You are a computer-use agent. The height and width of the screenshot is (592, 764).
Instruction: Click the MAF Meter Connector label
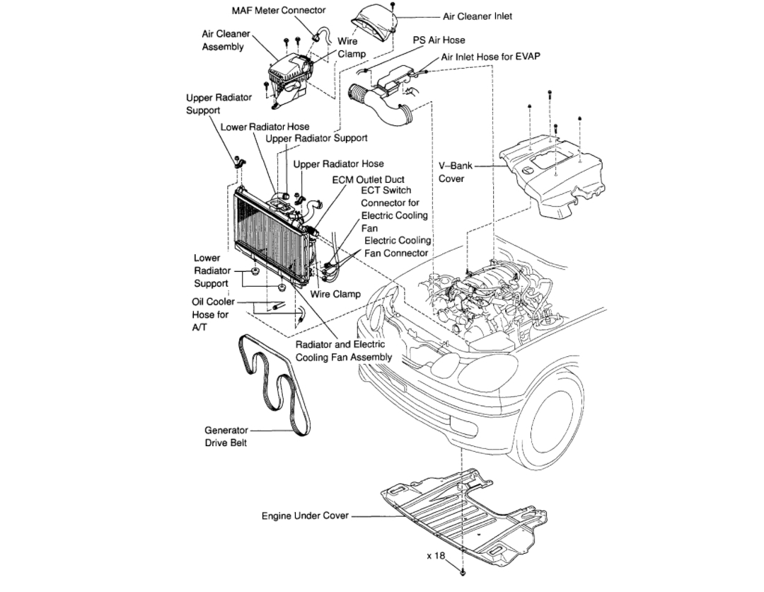click(x=279, y=11)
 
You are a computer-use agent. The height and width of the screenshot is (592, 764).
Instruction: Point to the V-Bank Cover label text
click(x=451, y=172)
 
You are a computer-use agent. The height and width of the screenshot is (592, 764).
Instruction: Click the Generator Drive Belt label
click(x=226, y=436)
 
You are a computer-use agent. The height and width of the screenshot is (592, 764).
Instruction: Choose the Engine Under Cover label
click(x=305, y=516)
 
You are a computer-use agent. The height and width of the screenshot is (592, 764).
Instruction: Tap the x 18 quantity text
click(x=435, y=556)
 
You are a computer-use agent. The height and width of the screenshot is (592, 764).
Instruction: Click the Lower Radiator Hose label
click(x=265, y=127)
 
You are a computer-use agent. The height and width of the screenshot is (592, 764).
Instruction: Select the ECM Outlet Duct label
click(x=368, y=180)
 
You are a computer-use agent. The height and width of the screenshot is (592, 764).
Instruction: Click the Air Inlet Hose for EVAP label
click(x=490, y=57)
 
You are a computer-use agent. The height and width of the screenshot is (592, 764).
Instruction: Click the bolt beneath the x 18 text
click(x=463, y=570)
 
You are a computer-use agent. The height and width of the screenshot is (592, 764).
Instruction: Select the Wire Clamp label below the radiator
click(x=335, y=294)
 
